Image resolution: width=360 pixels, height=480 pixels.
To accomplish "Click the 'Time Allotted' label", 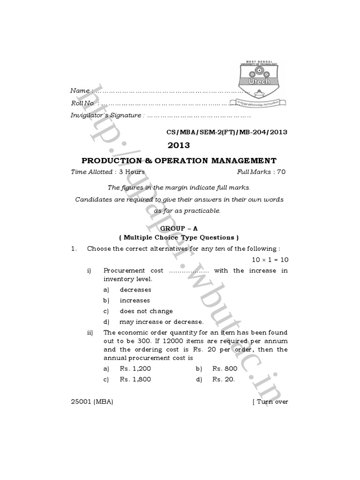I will pos(91,172).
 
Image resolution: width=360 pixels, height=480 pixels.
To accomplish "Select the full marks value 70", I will pos(281,172).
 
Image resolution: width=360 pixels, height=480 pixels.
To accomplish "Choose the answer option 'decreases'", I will pos(135,290).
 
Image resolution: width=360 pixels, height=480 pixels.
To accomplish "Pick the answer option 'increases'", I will pos(135,300).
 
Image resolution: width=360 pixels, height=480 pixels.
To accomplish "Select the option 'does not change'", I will pos(146,311).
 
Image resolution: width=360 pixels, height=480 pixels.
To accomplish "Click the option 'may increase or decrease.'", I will pos(161,322).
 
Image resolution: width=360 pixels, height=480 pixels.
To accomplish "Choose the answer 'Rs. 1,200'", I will pos(135,369).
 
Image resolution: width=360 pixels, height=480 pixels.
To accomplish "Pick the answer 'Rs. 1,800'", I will pos(135,380).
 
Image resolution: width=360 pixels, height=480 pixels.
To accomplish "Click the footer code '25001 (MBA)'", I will pos(92,402).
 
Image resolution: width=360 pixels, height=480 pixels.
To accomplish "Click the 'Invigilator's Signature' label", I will pos(105,115).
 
